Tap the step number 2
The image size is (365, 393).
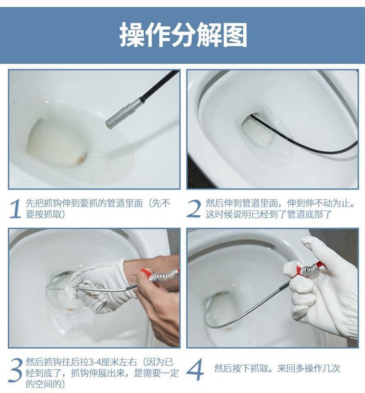point(194,209)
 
